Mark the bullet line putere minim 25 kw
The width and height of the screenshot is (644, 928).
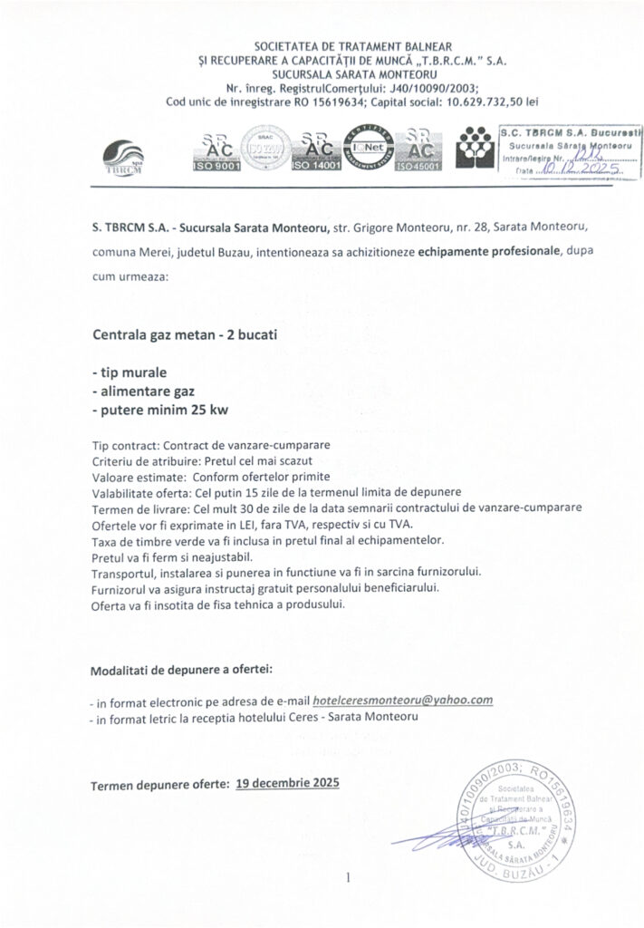[159, 411]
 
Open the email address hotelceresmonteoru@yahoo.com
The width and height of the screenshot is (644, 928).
[401, 701]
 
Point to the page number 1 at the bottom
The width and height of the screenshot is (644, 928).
[348, 877]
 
